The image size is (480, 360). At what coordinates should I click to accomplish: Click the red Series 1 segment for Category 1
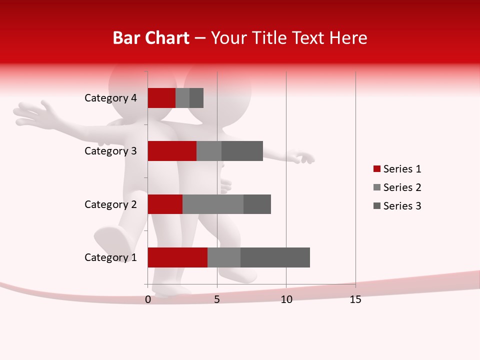pyautogui.click(x=177, y=257)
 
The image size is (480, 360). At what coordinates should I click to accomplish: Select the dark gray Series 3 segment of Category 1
pyautogui.click(x=275, y=257)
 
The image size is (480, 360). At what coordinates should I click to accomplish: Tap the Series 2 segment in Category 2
pyautogui.click(x=213, y=204)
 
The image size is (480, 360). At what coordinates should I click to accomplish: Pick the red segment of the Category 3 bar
pyautogui.click(x=172, y=151)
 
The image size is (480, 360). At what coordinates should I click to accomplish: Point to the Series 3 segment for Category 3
pyautogui.click(x=242, y=151)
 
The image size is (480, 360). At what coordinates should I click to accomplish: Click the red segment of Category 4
pyautogui.click(x=161, y=98)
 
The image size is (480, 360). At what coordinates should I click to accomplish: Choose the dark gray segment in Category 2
pyautogui.click(x=257, y=204)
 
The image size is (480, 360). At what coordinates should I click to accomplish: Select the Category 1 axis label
pyautogui.click(x=110, y=257)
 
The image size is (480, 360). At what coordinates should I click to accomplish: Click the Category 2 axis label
pyautogui.click(x=110, y=204)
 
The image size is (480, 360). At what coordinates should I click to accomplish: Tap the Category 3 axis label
pyautogui.click(x=110, y=151)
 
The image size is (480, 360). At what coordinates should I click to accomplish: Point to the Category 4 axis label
pyautogui.click(x=110, y=98)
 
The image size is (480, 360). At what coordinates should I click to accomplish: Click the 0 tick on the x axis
pyautogui.click(x=148, y=299)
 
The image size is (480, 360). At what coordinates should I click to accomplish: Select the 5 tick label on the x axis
pyautogui.click(x=217, y=299)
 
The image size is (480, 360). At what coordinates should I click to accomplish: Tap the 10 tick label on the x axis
pyautogui.click(x=286, y=299)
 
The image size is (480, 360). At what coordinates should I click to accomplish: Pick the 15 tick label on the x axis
pyautogui.click(x=355, y=299)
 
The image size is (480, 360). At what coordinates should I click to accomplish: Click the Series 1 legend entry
pyautogui.click(x=397, y=169)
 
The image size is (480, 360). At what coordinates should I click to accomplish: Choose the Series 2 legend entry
pyautogui.click(x=397, y=187)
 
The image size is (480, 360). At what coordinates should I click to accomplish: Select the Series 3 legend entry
pyautogui.click(x=397, y=206)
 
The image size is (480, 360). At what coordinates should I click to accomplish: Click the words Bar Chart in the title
pyautogui.click(x=151, y=38)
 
